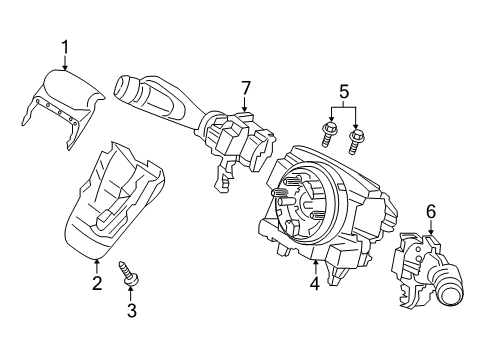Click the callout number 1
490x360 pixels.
[65, 46]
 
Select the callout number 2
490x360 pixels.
[97, 284]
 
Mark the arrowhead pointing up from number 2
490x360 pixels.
[97, 261]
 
